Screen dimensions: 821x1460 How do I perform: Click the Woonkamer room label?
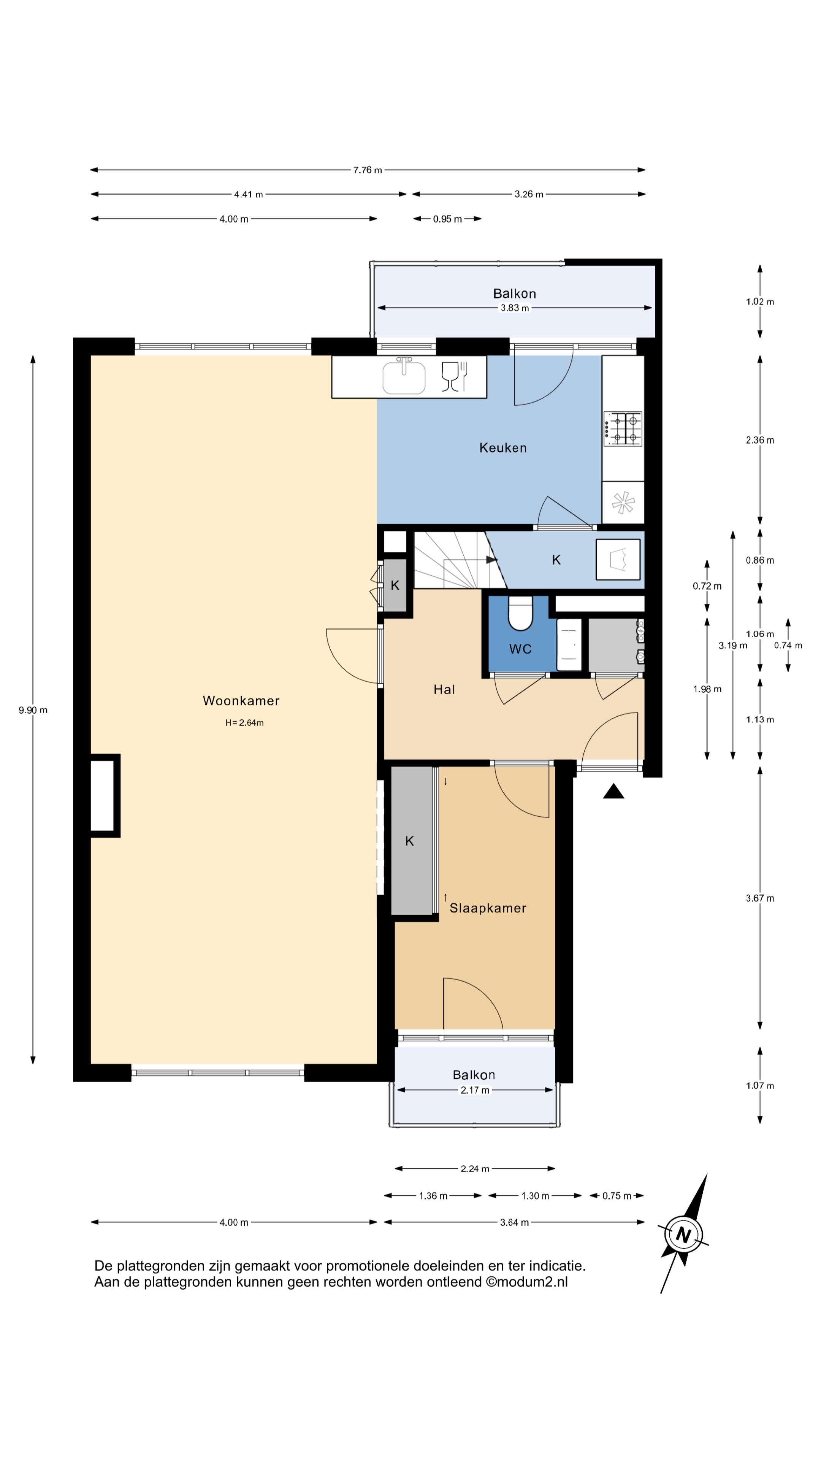tap(241, 701)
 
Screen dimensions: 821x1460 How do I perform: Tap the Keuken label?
tap(502, 448)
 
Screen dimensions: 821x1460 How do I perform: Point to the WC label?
tap(520, 649)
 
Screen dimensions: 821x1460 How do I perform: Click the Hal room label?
tap(444, 689)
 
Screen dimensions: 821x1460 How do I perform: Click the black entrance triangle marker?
tap(613, 791)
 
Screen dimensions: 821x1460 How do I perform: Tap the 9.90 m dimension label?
tap(33, 710)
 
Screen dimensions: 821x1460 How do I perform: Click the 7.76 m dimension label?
tap(368, 170)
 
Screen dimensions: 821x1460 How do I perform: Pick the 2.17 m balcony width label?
tap(475, 1090)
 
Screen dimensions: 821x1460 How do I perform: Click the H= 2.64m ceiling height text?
tap(244, 723)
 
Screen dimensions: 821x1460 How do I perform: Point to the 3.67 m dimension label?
tap(760, 898)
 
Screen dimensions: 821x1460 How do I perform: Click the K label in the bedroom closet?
tap(410, 842)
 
